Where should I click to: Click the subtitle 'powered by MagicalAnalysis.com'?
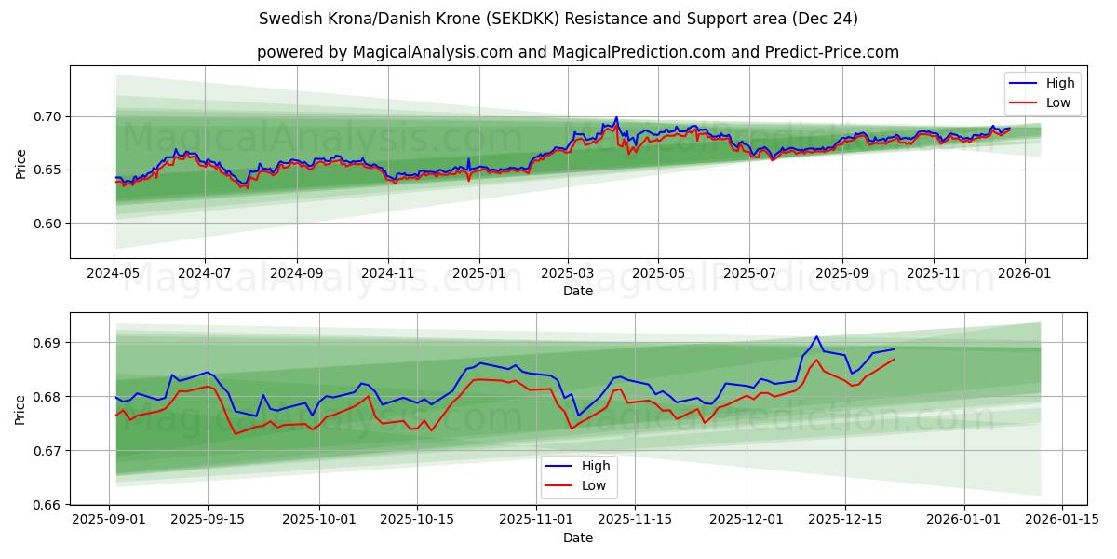[x=577, y=52]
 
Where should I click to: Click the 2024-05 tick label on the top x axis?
[x=114, y=274]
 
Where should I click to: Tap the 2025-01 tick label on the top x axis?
[x=479, y=274]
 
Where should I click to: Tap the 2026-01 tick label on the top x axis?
[x=1025, y=274]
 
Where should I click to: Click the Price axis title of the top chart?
[x=21, y=163]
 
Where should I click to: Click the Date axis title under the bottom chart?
[x=577, y=539]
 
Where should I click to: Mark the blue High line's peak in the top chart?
[x=616, y=117]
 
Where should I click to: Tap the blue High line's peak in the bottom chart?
[x=816, y=336]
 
